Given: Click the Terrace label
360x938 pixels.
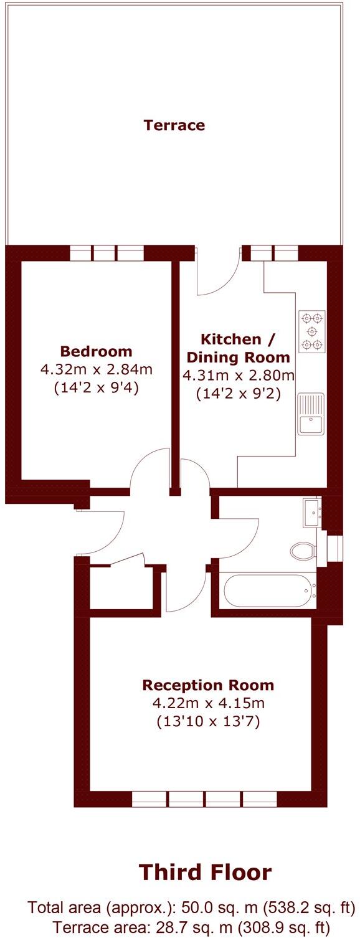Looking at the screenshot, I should (x=174, y=125).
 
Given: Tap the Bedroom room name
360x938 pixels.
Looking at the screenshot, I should (x=96, y=351).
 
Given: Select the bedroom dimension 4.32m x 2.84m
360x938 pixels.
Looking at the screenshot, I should (x=96, y=369).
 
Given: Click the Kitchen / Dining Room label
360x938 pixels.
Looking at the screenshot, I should (x=239, y=348).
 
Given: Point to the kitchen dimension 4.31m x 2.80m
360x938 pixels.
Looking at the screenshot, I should (x=239, y=376).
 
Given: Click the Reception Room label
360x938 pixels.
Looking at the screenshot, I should (x=208, y=686).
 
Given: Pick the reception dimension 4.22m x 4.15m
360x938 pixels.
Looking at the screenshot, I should (x=208, y=704).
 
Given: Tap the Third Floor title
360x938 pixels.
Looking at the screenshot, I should (x=205, y=872).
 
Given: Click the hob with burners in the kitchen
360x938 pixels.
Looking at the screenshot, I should (x=312, y=331).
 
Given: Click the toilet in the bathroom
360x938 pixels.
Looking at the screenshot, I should (x=303, y=549).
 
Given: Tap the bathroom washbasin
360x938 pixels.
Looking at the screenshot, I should (x=311, y=512).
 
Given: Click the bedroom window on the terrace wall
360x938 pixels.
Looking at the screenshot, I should (x=107, y=253).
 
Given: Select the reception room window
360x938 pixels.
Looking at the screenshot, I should (x=205, y=798).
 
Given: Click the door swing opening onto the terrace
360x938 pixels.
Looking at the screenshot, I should (x=218, y=274).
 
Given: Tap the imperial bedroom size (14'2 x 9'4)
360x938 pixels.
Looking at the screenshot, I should (x=96, y=389).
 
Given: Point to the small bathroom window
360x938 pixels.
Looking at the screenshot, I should (x=335, y=547).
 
